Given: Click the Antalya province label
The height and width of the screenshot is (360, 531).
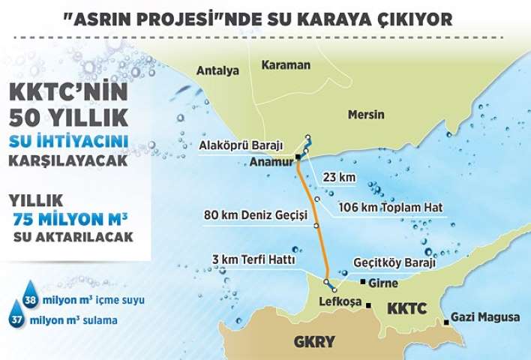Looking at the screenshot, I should click(217, 71).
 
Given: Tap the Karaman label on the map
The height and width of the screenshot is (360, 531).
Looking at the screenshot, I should click(286, 65).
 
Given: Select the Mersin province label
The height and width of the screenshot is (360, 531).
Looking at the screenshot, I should click(366, 115).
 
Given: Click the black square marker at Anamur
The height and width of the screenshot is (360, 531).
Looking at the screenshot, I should click(298, 157).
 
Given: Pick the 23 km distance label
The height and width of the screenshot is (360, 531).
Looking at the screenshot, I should click(337, 178).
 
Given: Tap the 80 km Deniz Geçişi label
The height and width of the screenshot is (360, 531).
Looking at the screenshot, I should click(256, 215).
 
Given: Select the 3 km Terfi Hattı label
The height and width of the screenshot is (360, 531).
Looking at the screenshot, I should click(253, 259).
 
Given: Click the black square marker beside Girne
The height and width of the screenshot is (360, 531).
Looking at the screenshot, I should click(363, 283).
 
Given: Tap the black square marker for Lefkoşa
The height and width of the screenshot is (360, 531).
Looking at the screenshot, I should click(368, 304).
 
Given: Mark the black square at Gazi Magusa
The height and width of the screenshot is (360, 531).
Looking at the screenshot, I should click(447, 322).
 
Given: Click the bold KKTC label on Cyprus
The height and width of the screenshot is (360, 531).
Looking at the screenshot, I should click(408, 308).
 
